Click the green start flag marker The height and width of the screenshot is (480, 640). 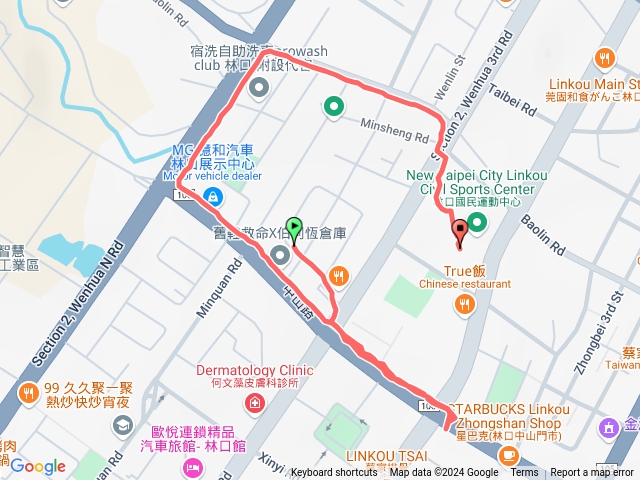coord(294,229)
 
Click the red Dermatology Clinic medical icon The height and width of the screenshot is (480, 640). coord(255,403)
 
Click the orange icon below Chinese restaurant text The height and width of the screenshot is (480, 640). coord(464,303)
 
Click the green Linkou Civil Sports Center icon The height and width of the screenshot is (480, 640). coord(478,221)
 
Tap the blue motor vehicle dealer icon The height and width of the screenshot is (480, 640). coord(212,195)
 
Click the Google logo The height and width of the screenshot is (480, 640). coord(38,466)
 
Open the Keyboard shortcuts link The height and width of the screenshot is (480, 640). coord(334,473)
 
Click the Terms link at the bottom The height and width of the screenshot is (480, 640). coord(524,473)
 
